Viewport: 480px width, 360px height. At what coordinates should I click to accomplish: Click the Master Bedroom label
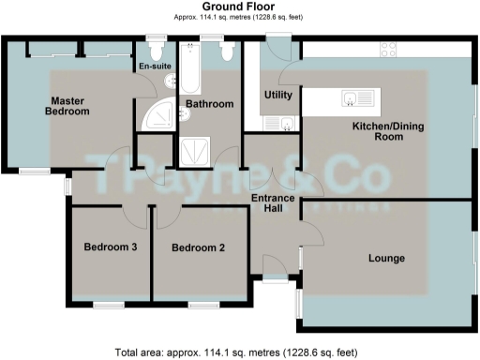[70, 106]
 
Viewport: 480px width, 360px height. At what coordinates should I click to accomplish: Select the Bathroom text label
[208, 104]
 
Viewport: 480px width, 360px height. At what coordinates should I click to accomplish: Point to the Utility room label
[277, 95]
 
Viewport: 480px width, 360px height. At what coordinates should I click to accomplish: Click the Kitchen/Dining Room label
[377, 130]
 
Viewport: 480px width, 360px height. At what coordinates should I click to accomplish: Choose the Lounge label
[385, 258]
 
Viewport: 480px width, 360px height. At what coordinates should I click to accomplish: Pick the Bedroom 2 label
[197, 247]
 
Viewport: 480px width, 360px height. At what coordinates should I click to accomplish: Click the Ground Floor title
[239, 7]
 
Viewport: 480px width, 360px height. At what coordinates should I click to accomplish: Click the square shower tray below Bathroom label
[194, 151]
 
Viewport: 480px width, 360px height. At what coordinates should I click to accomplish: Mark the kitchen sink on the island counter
[358, 97]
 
